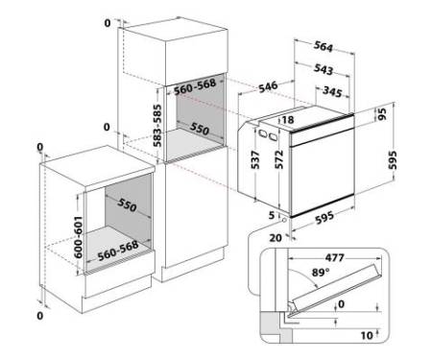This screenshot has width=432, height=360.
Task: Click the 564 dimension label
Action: (324, 47)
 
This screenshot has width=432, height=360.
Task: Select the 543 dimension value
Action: (324, 69)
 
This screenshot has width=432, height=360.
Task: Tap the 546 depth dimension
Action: (268, 86)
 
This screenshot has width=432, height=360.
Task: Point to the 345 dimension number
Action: (332, 91)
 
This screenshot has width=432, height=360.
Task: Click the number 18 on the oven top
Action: (288, 120)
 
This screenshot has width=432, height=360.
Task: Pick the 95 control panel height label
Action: (382, 114)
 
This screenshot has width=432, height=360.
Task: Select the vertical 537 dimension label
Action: (255, 159)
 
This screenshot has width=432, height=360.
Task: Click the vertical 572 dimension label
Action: (278, 159)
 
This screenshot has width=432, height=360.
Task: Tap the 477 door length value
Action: (335, 257)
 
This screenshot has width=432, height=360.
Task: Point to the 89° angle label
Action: (321, 273)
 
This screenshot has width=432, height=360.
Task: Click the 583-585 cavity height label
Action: (157, 126)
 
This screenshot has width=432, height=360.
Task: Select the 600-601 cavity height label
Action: (78, 237)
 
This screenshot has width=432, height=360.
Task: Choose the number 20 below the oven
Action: (276, 238)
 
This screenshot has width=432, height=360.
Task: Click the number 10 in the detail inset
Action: (367, 335)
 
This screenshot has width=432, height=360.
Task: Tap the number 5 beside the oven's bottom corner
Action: (272, 215)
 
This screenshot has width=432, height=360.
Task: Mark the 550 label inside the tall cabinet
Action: (200, 129)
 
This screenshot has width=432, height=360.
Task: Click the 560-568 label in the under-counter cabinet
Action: (118, 251)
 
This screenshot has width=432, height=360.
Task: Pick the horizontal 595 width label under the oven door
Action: (324, 218)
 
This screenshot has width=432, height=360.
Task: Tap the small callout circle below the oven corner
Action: (284, 221)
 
